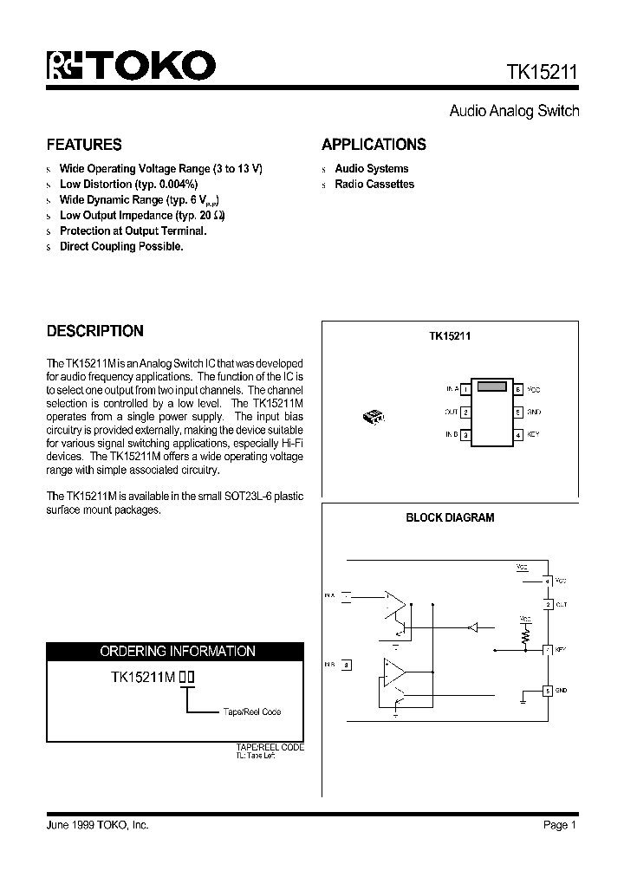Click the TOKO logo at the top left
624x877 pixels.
(x=130, y=65)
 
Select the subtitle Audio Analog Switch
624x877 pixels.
(x=514, y=111)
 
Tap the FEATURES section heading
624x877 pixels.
(x=84, y=145)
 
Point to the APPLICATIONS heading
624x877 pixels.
(x=374, y=145)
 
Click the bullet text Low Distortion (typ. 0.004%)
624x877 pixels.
(x=128, y=185)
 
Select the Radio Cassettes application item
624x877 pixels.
(x=374, y=185)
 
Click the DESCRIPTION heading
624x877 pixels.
(x=94, y=331)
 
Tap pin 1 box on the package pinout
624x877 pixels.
(x=465, y=390)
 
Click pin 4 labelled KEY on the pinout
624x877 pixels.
(x=518, y=434)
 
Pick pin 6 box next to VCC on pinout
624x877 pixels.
(x=518, y=390)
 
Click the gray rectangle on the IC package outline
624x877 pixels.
(x=491, y=387)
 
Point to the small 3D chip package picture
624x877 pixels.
(x=374, y=417)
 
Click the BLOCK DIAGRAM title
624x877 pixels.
(x=450, y=518)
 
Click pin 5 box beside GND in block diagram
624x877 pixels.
(x=547, y=691)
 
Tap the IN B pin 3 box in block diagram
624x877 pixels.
(x=347, y=666)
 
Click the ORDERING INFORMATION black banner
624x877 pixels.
(x=177, y=651)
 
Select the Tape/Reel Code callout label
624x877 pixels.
(x=252, y=712)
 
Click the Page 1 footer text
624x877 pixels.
(x=560, y=825)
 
